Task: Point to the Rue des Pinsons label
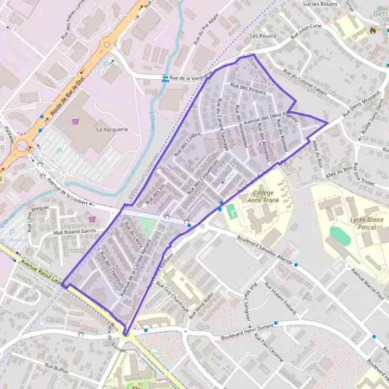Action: pos(248,90)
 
